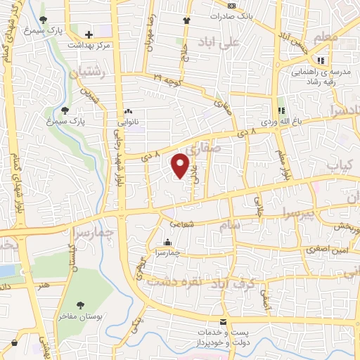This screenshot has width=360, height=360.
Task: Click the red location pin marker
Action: pyautogui.click(x=181, y=166)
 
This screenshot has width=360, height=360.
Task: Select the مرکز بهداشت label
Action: pyautogui.click(x=89, y=44)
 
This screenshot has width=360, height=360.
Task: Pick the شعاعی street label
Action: pyautogui.click(x=201, y=225)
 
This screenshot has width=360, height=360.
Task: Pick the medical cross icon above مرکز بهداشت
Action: pyautogui.click(x=89, y=34)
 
